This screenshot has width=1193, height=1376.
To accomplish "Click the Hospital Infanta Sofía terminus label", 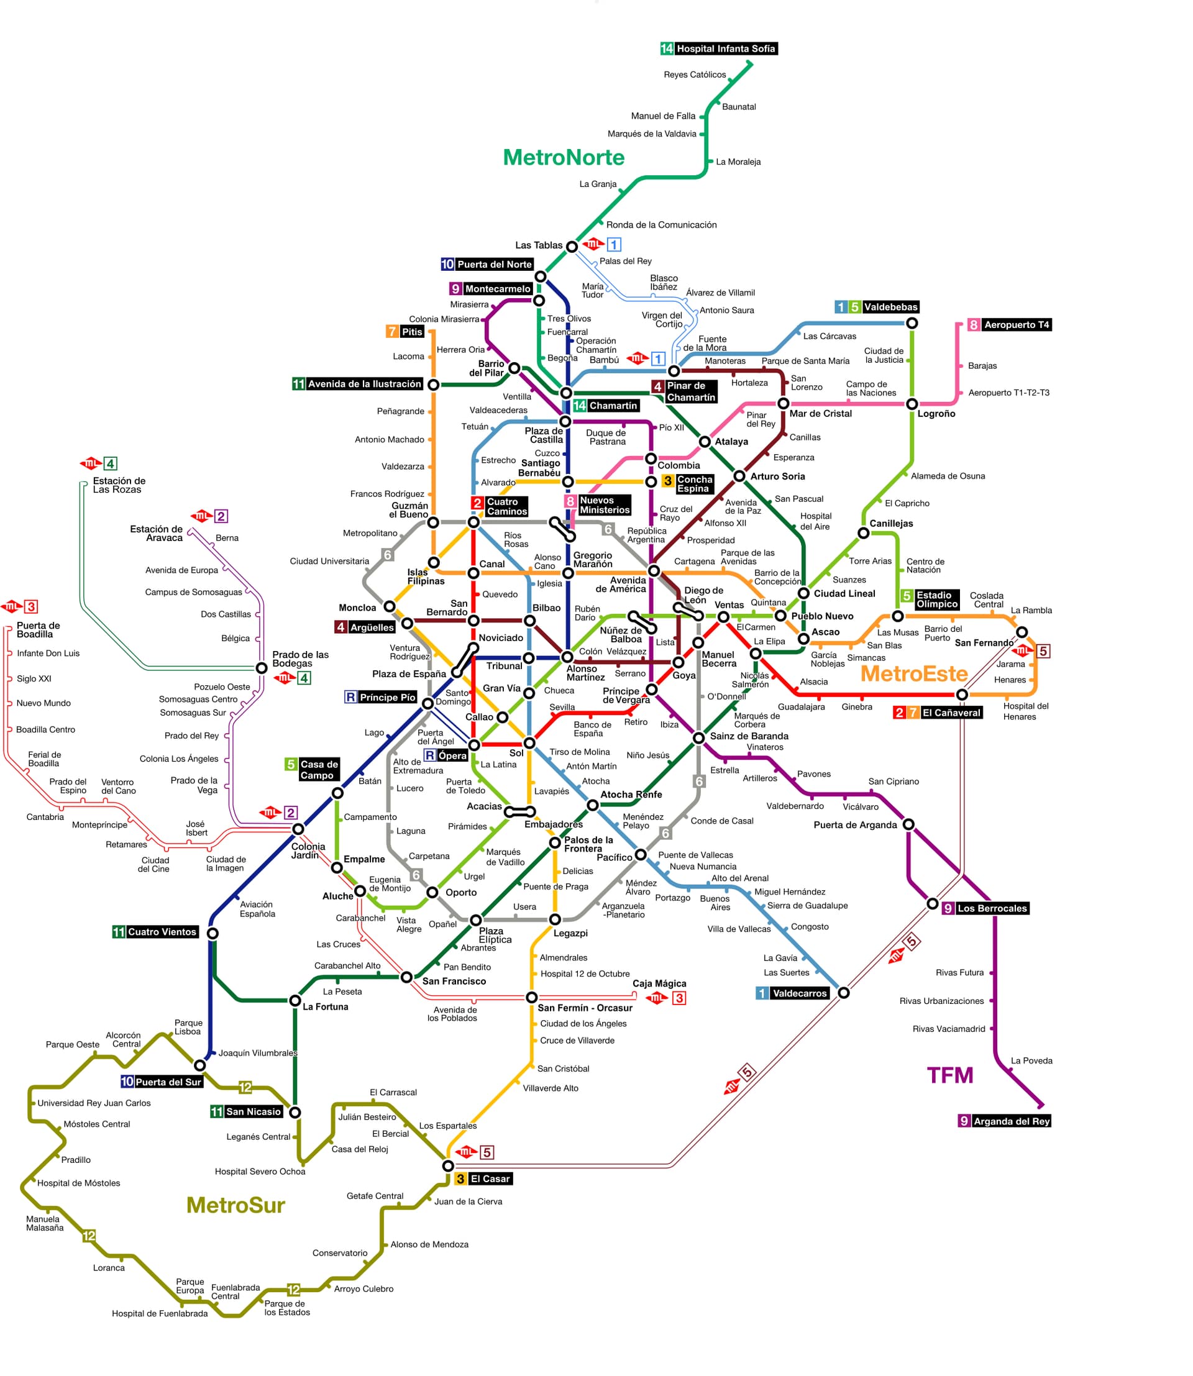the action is click(x=718, y=48).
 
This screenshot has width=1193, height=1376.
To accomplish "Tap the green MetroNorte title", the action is click(x=564, y=157).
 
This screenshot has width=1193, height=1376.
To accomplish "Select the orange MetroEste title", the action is click(x=914, y=673).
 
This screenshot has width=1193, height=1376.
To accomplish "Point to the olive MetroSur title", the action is click(x=235, y=1205).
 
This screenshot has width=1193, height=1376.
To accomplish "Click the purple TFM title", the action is click(x=950, y=1075).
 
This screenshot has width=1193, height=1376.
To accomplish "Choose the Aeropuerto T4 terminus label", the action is click(x=1009, y=325).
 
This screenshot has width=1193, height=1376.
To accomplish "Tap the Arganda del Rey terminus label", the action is click(x=1005, y=1121).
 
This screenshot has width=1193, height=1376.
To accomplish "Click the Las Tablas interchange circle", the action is click(x=572, y=246).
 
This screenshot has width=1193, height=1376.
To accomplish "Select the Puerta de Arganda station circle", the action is click(x=908, y=825).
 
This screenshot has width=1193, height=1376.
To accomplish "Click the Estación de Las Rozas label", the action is click(x=119, y=485).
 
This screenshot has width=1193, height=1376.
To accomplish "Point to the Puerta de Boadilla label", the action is click(x=38, y=630).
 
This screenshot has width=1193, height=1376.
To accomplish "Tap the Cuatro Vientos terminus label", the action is click(x=156, y=932).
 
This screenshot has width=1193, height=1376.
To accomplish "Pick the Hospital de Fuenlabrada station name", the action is click(x=160, y=1313).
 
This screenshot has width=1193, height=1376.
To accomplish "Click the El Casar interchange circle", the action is click(x=448, y=1165).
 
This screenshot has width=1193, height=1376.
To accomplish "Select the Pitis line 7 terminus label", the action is click(x=405, y=332).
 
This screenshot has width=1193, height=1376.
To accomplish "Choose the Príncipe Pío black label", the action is click(x=381, y=697).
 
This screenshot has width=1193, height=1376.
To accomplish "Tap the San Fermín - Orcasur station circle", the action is click(x=531, y=997).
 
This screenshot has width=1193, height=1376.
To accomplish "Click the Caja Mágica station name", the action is click(x=659, y=983).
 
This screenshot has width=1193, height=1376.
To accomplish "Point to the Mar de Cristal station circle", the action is click(x=784, y=403).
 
